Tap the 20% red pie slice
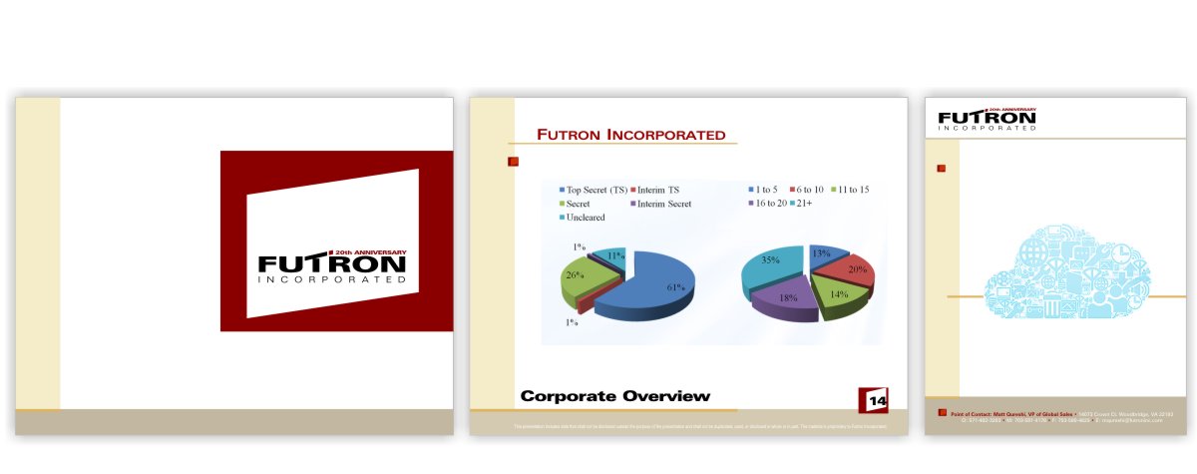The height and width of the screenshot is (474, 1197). (854, 270)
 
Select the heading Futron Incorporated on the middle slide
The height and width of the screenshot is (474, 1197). (631, 135)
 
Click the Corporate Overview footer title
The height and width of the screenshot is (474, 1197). (615, 396)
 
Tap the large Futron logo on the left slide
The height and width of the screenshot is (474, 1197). (332, 266)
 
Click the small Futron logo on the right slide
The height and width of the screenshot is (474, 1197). (987, 119)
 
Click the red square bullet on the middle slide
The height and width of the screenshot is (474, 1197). (514, 161)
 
